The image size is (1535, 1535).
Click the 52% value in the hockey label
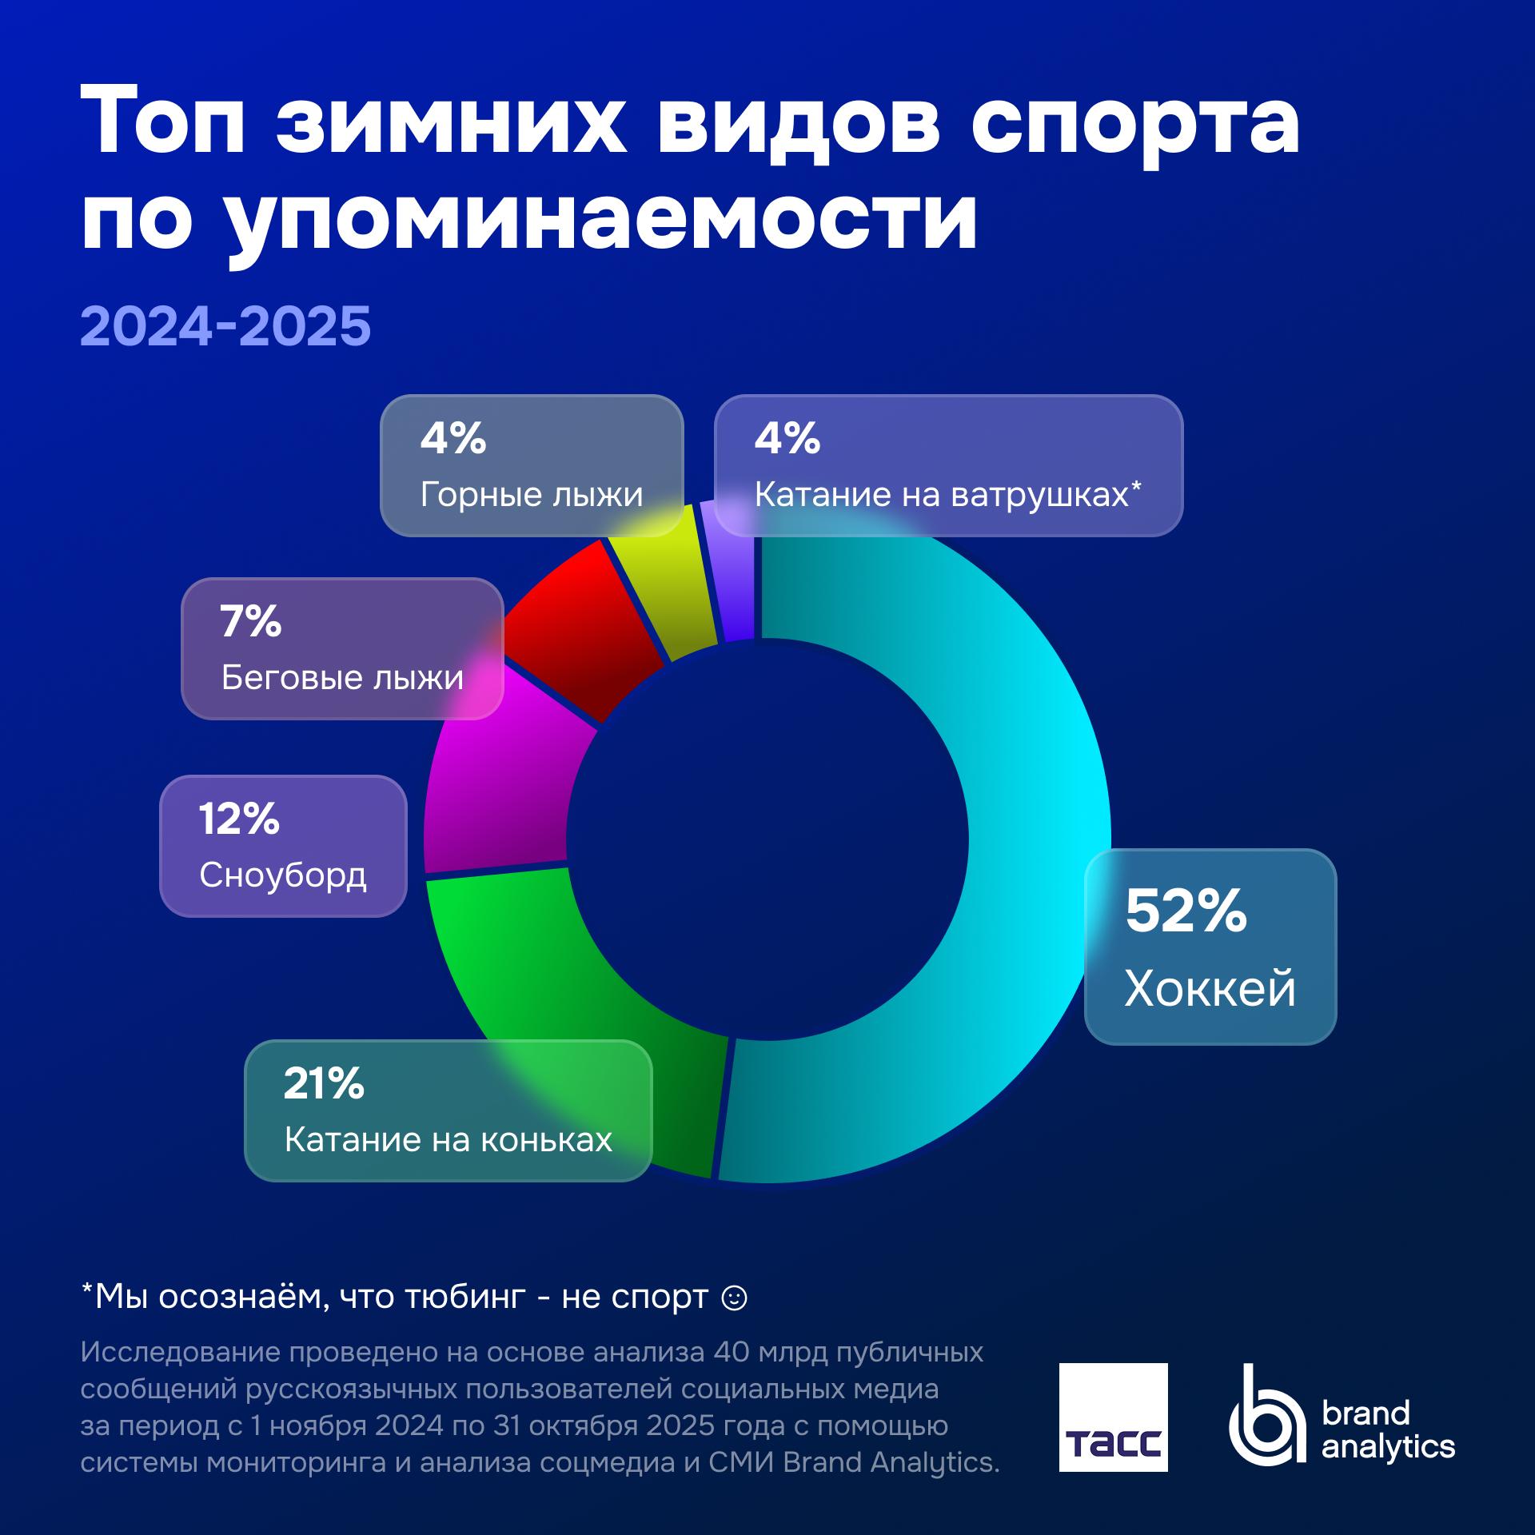point(1186,911)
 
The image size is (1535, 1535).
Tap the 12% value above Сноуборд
point(239,819)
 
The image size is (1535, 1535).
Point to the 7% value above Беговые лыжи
point(251,622)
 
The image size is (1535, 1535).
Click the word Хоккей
point(1210,989)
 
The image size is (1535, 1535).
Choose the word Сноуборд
point(283,875)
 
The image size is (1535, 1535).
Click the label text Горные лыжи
point(532,495)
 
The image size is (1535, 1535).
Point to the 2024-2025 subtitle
point(225,325)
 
